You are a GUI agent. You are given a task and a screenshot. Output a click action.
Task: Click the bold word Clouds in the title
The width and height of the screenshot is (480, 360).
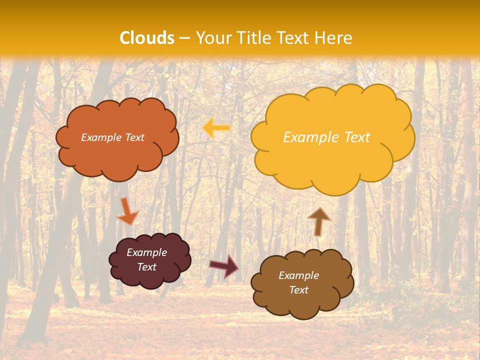pyautogui.click(x=147, y=38)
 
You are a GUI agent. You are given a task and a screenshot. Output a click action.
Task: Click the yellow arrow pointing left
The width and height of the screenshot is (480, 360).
pyautogui.click(x=216, y=128)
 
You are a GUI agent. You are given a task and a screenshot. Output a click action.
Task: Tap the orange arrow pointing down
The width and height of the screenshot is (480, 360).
pyautogui.click(x=127, y=211)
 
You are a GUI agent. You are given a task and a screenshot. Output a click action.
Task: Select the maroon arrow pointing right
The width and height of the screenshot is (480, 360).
pyautogui.click(x=224, y=265)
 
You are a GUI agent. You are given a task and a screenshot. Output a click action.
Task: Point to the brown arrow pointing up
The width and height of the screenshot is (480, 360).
pyautogui.click(x=319, y=220)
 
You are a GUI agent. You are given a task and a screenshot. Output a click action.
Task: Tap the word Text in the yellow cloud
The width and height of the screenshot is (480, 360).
pyautogui.click(x=357, y=137)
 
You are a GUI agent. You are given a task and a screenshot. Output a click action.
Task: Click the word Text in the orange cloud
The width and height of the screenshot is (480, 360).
pyautogui.click(x=134, y=137)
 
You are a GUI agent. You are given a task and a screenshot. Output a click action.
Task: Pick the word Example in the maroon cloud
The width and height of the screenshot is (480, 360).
pyautogui.click(x=146, y=252)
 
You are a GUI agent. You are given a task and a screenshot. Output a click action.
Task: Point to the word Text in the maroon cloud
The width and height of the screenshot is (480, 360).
pyautogui.click(x=146, y=267)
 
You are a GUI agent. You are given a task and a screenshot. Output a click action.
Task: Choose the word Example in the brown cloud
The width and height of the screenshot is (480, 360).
pyautogui.click(x=298, y=275)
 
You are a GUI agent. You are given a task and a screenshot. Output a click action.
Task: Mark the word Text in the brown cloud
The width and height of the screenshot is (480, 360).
pyautogui.click(x=298, y=290)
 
